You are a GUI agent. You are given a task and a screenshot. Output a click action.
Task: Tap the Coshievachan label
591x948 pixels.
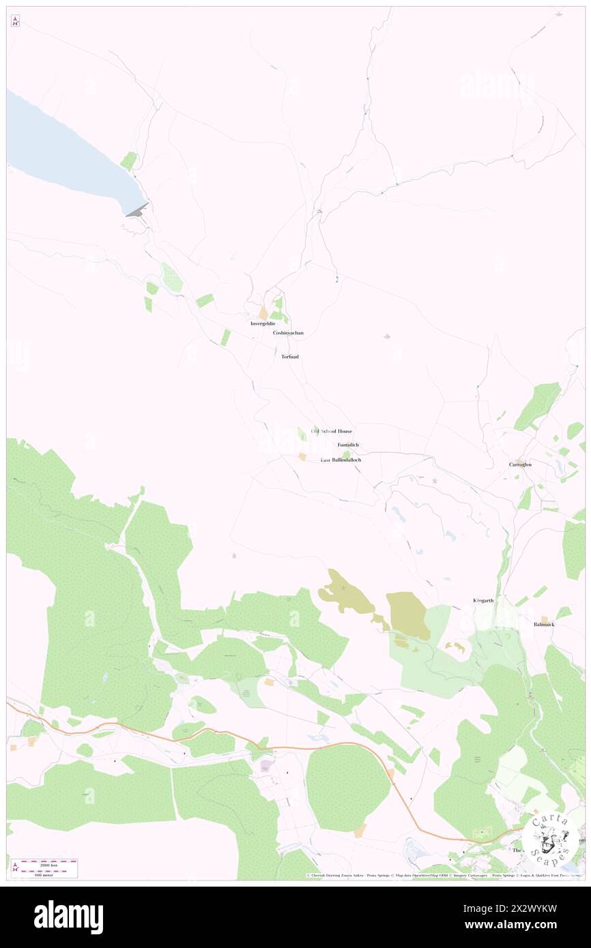[288, 333]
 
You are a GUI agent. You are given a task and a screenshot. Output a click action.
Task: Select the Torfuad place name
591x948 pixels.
[289, 357]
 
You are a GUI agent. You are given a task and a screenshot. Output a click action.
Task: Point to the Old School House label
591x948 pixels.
[332, 431]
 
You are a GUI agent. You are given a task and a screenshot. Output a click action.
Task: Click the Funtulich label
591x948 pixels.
[347, 445]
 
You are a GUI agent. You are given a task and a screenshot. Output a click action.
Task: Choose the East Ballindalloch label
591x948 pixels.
[341, 460]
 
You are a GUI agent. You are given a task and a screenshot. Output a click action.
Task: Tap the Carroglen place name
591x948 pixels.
[520, 464]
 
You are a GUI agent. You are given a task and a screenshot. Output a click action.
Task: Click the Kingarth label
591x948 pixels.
[483, 600]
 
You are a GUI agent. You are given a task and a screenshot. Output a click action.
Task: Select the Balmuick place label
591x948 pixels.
[545, 624]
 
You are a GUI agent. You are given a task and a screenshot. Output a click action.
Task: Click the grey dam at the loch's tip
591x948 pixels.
[136, 211]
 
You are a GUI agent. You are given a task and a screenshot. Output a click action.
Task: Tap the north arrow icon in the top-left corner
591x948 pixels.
[15, 21]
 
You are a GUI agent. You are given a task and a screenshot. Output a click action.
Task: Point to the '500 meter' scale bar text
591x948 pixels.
[44, 874]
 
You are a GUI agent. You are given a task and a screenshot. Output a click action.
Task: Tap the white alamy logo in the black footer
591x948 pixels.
[69, 917]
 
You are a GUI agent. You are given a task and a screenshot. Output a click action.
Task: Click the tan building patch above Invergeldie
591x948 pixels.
[263, 313]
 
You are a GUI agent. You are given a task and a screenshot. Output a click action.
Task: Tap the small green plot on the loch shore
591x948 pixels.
[128, 162]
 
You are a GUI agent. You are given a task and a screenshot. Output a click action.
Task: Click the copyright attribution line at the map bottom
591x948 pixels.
[444, 875]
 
